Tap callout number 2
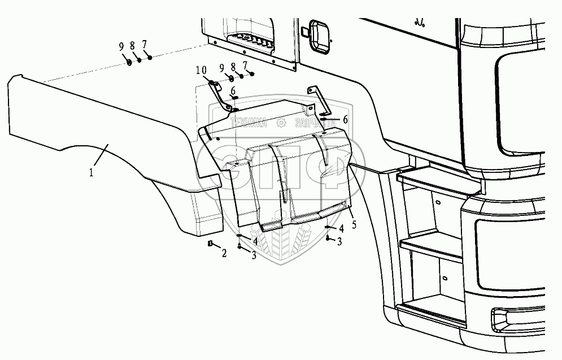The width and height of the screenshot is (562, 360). click(x=224, y=254)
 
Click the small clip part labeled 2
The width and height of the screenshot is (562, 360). click(x=210, y=244)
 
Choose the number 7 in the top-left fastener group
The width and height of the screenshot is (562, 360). click(x=145, y=44)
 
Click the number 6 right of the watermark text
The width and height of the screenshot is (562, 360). click(x=345, y=119)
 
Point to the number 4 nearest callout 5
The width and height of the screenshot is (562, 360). click(x=342, y=228)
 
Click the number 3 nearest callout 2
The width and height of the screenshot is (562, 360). click(x=254, y=255)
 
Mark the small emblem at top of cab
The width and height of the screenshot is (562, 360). click(x=419, y=23)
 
